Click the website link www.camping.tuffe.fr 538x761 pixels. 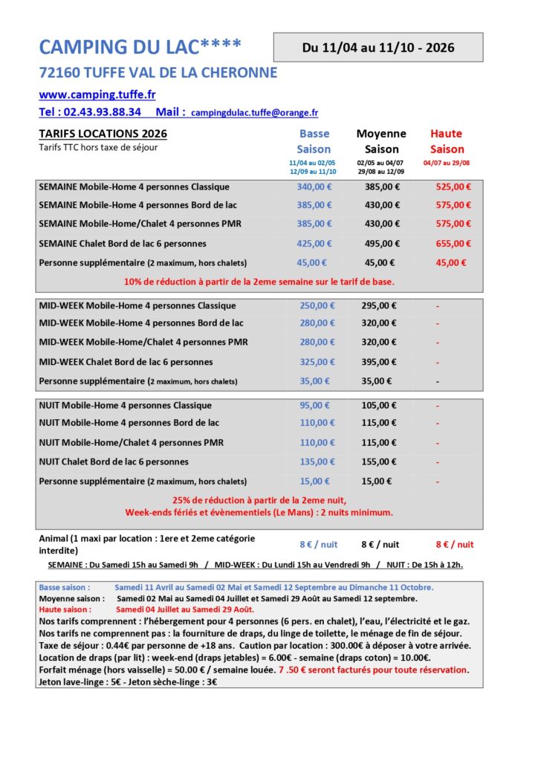pos(97,95)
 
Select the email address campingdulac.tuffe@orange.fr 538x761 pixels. pos(254,113)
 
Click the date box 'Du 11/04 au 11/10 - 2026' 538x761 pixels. pos(377,48)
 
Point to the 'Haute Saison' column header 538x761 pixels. pos(446,141)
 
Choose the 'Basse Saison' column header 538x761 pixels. pos(314,141)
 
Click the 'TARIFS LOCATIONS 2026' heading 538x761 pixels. pos(103,134)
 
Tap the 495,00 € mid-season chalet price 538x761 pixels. pos(382,244)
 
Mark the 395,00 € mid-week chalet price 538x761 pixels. pos(382,362)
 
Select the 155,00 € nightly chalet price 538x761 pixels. pos(382,462)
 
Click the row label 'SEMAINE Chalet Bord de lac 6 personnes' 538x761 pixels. pos(123,244)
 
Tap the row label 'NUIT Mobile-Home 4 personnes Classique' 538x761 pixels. pos(125,406)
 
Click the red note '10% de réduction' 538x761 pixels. pos(259,282)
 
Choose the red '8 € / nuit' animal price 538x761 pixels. pos(454,545)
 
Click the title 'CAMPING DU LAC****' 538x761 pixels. pos(140,47)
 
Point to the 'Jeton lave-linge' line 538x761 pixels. pos(127,682)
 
